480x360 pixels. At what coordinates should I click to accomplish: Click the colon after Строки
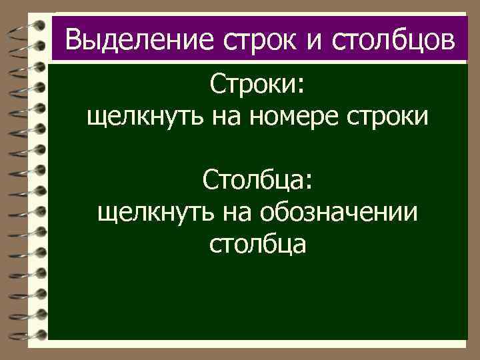300,87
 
